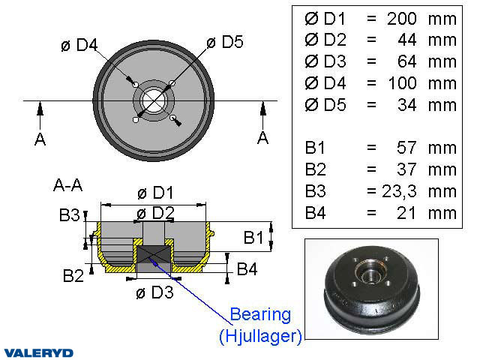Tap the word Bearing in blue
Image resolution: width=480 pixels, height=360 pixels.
coord(259,313)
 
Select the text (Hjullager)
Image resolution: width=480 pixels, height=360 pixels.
coord(260,337)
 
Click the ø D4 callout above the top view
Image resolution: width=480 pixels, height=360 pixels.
coord(79,45)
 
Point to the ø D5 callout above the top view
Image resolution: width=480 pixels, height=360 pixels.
coord(223,42)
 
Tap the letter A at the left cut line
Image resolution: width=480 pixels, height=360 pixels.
coord(40,139)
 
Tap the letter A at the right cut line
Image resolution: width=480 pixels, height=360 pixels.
coord(262,139)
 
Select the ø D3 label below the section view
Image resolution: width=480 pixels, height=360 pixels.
coord(154,292)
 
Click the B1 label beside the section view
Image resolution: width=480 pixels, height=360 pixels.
coord(253,238)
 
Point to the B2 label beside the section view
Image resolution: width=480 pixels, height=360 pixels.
coord(73,276)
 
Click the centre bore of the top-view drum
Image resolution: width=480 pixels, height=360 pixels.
coord(154,100)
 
